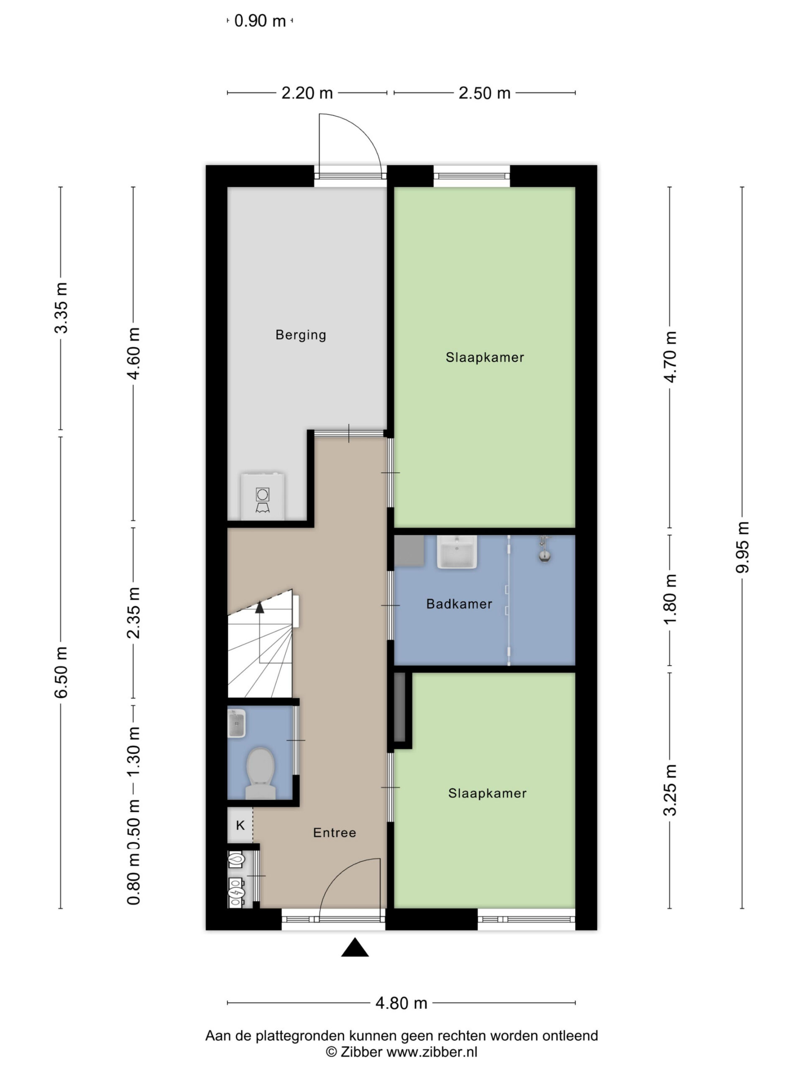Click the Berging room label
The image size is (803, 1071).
coord(301,335)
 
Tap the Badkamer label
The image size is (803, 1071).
coord(459,604)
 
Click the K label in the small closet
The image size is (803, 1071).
coord(240,825)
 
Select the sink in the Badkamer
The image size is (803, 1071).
coord(456,551)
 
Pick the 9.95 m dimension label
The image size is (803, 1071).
coord(742,547)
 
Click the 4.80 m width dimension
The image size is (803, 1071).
coord(401,1003)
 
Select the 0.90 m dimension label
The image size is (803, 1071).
coord(260,21)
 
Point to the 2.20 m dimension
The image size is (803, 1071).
coord(307,92)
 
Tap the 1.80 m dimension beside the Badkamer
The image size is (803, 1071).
coord(670,600)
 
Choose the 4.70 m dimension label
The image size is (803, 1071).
coord(670,357)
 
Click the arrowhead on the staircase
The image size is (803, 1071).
coord(260,607)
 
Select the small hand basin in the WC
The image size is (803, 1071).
coord(236,723)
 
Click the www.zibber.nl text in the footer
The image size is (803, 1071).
coord(432,1052)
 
